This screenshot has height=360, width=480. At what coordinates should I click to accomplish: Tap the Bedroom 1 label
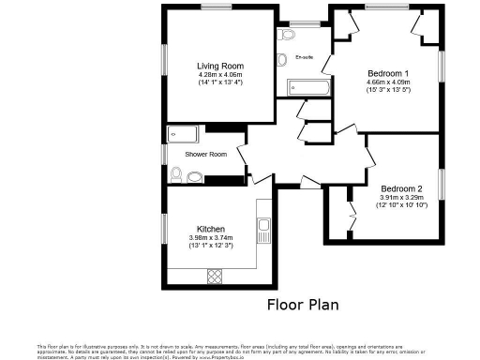coord(387,73)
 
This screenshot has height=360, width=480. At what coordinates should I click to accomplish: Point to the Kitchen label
coord(210,229)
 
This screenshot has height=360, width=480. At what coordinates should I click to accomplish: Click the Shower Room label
coord(205,154)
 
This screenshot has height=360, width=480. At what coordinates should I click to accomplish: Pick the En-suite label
coord(305,58)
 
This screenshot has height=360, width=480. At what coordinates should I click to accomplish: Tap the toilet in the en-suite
coord(288,35)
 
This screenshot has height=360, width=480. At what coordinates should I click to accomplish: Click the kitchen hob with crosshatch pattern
coord(214,276)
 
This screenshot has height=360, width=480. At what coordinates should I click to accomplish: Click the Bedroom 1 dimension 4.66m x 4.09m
coord(388,82)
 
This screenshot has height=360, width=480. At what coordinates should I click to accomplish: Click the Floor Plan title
coord(303,304)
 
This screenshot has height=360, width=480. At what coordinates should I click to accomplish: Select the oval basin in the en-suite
coord(281,60)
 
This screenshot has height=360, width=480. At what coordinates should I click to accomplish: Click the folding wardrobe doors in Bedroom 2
coord(351,210)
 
